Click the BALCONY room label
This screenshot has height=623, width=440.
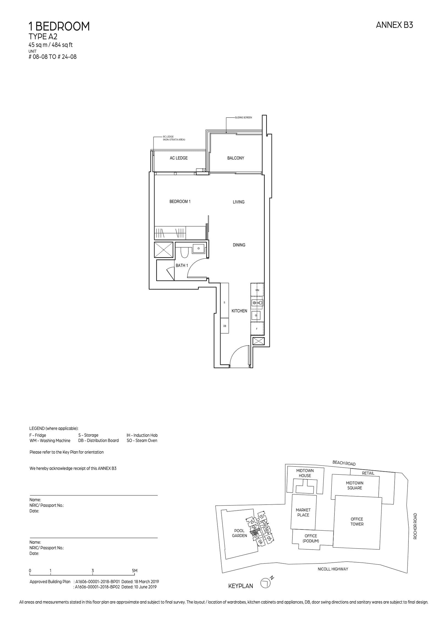tap(235, 158)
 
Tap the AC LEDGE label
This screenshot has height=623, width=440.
tap(178, 158)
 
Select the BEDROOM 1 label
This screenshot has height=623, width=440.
tap(180, 201)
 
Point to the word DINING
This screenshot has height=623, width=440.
tap(239, 245)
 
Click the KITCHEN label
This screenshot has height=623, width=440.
tap(239, 311)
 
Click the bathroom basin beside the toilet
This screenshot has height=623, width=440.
tap(199, 248)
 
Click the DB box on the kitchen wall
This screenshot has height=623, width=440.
tap(224, 326)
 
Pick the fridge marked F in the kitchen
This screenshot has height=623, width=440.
tap(257, 329)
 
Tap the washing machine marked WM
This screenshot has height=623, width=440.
tap(257, 290)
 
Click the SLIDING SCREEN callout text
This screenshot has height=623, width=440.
tap(243, 118)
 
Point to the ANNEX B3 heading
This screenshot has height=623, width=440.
tap(394, 25)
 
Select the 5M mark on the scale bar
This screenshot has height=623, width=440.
tap(134, 571)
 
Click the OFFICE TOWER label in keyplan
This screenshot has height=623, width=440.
tap(357, 521)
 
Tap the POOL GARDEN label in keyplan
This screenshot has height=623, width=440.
tap(239, 533)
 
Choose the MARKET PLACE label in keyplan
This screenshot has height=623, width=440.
tap(303, 512)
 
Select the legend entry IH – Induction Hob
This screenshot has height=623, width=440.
tap(142, 435)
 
